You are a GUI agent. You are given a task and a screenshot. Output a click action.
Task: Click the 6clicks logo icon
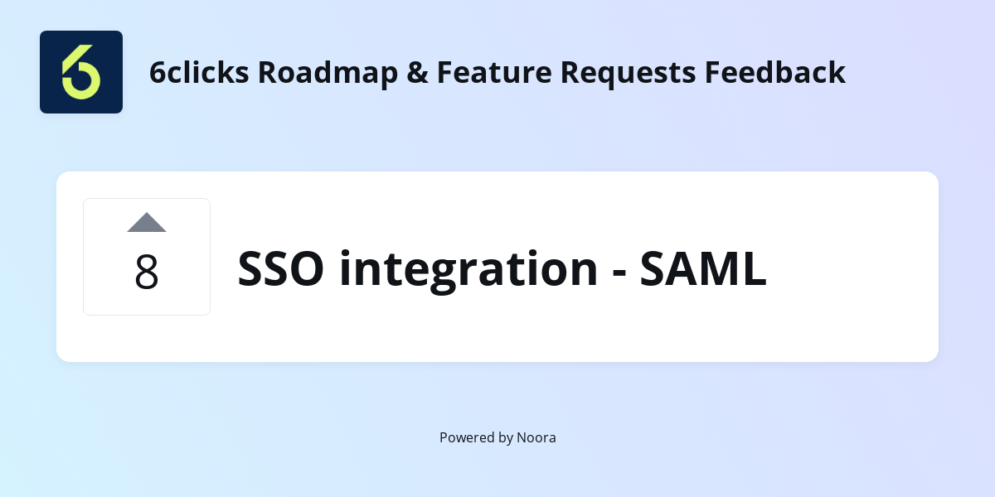(x=81, y=72)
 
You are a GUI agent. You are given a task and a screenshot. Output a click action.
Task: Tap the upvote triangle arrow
(x=147, y=222)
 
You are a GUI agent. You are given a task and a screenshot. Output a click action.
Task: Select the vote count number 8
(x=147, y=272)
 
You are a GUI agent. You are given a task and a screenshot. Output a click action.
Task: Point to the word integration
(x=468, y=269)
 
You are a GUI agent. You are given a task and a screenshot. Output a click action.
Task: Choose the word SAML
(x=703, y=269)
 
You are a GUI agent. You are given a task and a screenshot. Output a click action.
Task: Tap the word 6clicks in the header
(x=199, y=72)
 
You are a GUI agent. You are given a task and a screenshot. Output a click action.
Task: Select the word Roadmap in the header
(x=328, y=73)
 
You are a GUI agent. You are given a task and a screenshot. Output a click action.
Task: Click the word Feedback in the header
(x=775, y=72)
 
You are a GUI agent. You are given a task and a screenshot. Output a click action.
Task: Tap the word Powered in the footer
(x=466, y=437)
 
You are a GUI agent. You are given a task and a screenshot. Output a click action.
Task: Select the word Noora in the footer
(x=536, y=437)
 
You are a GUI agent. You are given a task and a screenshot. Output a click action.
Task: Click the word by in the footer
(x=505, y=438)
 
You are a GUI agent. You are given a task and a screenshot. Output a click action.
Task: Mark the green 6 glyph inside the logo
(x=80, y=73)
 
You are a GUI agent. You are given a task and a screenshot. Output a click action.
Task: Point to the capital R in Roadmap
(x=266, y=73)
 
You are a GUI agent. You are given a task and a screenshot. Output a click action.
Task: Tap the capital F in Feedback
(x=713, y=73)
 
